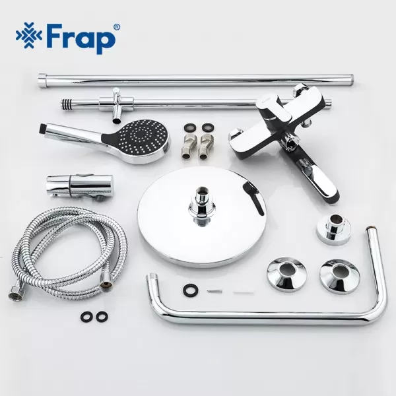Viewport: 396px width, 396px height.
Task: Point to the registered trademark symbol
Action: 117,28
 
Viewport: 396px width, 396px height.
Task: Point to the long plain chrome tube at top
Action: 198,81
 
